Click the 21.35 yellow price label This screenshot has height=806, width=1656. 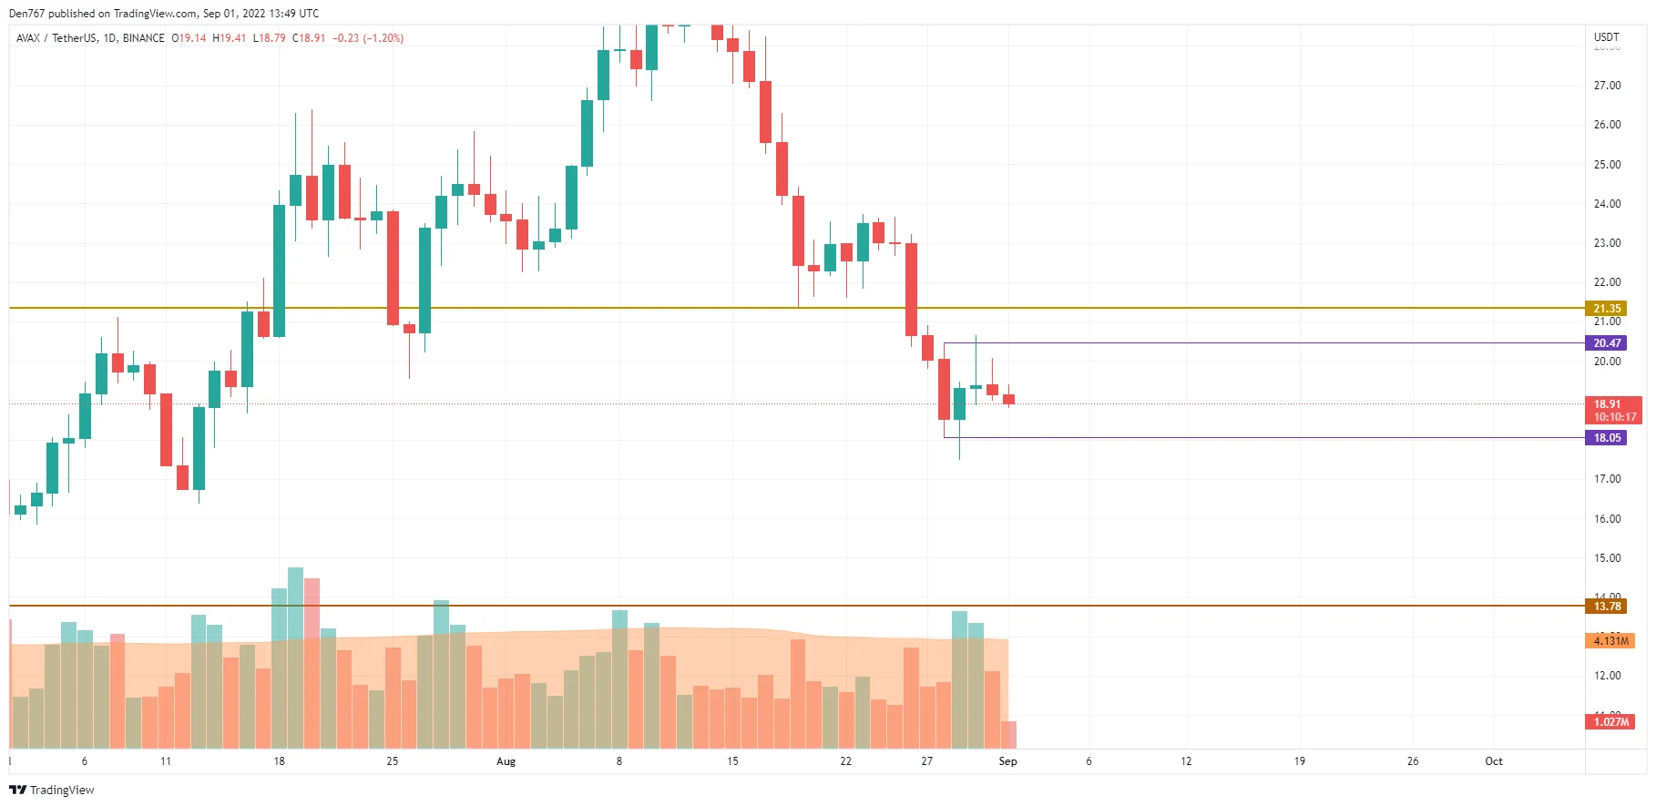(1606, 309)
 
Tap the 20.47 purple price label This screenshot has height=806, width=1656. (1606, 343)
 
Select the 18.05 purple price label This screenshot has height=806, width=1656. (1606, 438)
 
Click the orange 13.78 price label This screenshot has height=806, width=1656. (1606, 607)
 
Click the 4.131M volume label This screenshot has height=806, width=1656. (1610, 641)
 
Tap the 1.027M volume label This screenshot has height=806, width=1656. (1610, 722)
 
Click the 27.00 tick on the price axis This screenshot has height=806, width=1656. (1607, 86)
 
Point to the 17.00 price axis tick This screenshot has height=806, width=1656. (1607, 479)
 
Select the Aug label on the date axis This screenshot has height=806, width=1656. (506, 761)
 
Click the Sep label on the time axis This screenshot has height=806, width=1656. (1007, 761)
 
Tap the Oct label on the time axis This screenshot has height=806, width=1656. (1494, 761)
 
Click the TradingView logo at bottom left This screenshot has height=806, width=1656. (52, 790)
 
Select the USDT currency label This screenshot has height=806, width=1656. (1607, 37)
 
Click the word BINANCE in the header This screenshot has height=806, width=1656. (144, 38)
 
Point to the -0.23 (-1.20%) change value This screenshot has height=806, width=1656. (368, 38)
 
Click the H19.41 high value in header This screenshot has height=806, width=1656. (230, 38)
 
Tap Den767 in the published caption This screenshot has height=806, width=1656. (26, 14)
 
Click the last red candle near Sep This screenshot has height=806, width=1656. (1008, 399)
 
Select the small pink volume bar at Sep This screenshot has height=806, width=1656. (1008, 735)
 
